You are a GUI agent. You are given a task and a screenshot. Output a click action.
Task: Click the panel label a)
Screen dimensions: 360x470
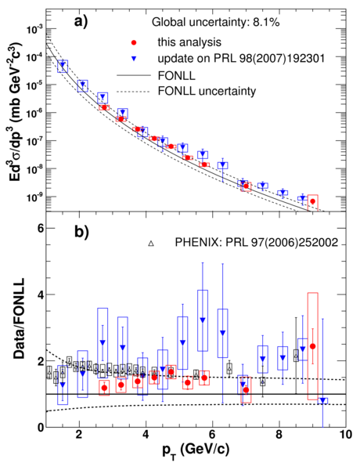click(x=81, y=22)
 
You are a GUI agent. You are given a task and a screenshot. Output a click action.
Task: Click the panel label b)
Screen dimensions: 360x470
click(x=81, y=233)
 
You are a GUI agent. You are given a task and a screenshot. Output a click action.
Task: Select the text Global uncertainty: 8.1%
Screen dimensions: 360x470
click(x=216, y=22)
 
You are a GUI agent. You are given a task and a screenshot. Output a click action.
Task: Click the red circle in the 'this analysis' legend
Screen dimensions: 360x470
click(x=134, y=43)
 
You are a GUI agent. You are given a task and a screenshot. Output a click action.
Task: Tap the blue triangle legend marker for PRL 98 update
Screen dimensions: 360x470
click(x=134, y=59)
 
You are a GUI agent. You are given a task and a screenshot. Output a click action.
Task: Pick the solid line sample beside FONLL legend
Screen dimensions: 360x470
click(x=133, y=75)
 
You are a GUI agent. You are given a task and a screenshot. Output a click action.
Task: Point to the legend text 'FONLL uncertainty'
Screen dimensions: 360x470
click(x=207, y=91)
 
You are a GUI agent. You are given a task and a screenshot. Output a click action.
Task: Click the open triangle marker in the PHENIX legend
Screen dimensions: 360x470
click(x=151, y=244)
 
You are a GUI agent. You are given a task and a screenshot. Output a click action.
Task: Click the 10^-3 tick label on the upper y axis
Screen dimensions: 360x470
click(x=34, y=29)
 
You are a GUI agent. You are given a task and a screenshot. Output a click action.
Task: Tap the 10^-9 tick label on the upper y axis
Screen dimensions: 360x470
click(x=34, y=197)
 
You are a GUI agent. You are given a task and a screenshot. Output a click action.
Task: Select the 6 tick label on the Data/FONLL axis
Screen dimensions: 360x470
click(x=41, y=229)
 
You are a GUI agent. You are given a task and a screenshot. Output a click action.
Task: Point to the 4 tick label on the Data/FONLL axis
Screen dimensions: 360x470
click(x=41, y=295)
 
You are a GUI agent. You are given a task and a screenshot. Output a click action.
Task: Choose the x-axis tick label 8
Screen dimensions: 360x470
click(x=279, y=435)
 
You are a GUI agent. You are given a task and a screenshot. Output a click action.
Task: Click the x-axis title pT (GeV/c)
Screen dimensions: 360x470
click(x=196, y=450)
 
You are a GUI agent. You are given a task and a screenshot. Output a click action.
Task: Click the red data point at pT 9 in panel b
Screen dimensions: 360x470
click(x=313, y=346)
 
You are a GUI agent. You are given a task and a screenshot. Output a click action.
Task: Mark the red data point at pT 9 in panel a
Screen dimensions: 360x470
click(x=313, y=201)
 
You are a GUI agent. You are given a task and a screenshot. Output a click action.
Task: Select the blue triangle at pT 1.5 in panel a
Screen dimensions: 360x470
click(x=63, y=64)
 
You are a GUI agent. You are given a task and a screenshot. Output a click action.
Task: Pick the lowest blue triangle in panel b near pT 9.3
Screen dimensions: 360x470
click(x=322, y=400)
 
